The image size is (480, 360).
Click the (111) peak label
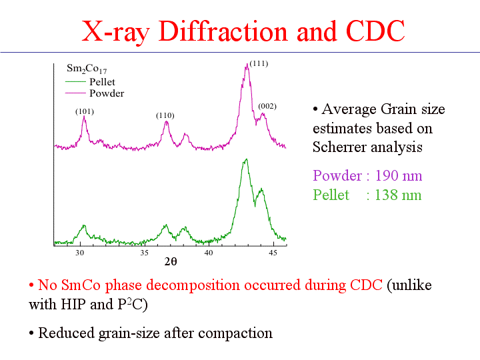pos(259,64)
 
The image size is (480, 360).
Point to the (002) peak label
pos(267,106)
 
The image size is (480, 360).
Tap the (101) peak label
pos(84,111)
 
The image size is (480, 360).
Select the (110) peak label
pos(165,115)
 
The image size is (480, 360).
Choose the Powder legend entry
pos(106,93)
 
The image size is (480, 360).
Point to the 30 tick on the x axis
pos(80,253)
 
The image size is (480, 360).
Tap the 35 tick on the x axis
pos(144,253)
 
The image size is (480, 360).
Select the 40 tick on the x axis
pos(209,253)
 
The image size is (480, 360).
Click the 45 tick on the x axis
pos(273,253)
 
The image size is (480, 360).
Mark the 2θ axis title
pos(171,261)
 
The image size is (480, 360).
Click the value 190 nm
pos(399,176)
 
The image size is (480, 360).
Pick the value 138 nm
pos(399,195)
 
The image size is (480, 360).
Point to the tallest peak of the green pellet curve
pos(247,159)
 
